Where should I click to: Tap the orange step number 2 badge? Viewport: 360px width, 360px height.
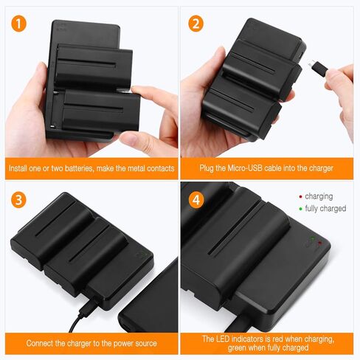coord(195,23)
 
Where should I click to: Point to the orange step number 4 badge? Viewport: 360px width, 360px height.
coord(195,199)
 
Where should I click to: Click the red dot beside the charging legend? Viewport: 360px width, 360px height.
coord(300,197)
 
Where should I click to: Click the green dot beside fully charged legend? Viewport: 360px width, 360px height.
coord(300,209)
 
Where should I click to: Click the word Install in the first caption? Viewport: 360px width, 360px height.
coord(19,168)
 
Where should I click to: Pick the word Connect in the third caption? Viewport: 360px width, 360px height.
coord(41,343)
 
